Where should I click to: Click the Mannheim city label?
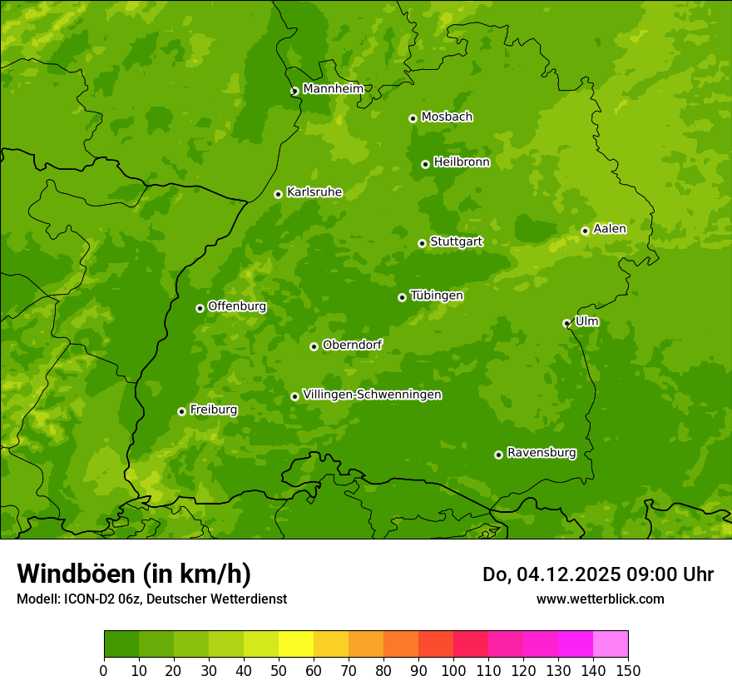[x=333, y=89]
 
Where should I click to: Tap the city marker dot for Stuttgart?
[x=422, y=243]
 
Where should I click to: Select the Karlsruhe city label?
[x=314, y=192]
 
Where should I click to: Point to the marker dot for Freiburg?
[x=181, y=411]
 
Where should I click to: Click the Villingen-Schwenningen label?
[x=372, y=395]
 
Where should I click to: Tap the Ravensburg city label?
[x=541, y=453]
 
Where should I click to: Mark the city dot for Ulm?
[x=566, y=323]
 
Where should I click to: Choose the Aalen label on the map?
[x=609, y=229]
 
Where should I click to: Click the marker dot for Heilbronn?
[x=425, y=164]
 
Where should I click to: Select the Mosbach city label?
[x=446, y=117]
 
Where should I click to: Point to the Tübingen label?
[x=436, y=296]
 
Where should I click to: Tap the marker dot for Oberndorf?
[x=314, y=346]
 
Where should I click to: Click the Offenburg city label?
[x=236, y=306]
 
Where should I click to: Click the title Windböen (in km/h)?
[x=134, y=574]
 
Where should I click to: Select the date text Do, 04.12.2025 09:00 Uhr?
[x=597, y=574]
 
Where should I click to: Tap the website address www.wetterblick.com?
[x=600, y=599]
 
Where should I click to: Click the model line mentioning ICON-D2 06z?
[x=151, y=599]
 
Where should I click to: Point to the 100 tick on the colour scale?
[x=453, y=671]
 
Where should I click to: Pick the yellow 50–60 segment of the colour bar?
[x=296, y=644]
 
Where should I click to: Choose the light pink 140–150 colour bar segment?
[x=611, y=644]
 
